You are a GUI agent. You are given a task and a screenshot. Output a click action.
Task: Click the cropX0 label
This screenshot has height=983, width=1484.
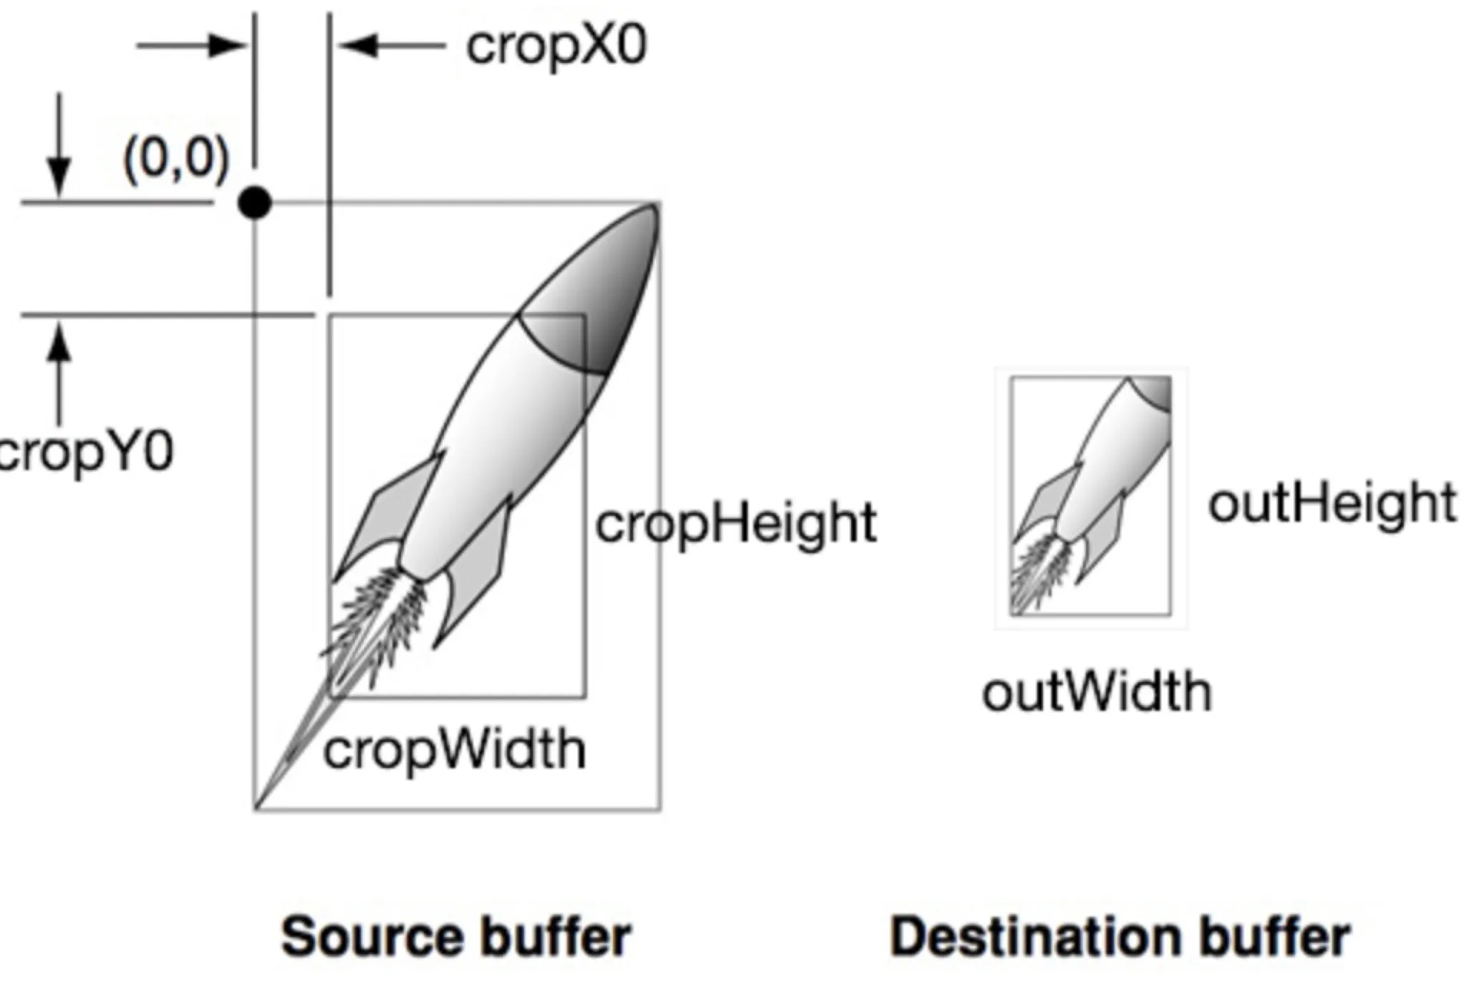(x=556, y=47)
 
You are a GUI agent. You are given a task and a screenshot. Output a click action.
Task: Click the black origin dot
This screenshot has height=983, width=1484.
(x=255, y=203)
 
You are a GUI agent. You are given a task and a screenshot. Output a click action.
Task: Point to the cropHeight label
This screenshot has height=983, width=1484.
(x=736, y=524)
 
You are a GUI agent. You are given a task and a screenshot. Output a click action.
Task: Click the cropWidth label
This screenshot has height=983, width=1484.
(x=454, y=751)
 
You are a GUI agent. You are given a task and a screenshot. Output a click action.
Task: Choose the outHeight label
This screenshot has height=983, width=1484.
(x=1331, y=503)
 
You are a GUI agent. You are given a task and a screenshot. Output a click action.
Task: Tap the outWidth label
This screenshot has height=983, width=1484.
(x=1097, y=693)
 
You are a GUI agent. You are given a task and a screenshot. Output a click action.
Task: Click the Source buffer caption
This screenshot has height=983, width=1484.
(x=456, y=936)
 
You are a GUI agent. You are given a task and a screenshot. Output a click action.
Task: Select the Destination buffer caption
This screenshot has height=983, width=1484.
(x=1119, y=936)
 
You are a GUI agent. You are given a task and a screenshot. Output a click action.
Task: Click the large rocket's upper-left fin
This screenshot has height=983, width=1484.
(x=387, y=509)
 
